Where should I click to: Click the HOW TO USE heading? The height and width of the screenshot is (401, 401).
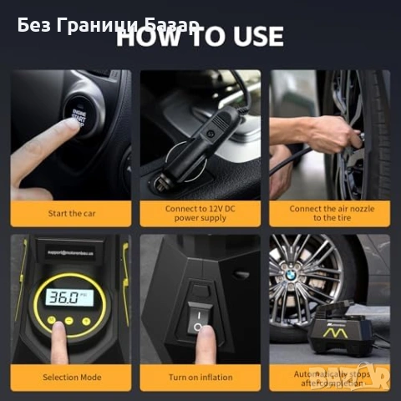tap(200, 37)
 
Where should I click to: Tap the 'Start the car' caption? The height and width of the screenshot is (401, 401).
tap(71, 213)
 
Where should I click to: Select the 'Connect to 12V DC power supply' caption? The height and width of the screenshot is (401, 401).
tap(200, 212)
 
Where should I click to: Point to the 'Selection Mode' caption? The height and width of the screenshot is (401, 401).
tap(71, 377)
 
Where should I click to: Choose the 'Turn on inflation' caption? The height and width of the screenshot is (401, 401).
tap(200, 377)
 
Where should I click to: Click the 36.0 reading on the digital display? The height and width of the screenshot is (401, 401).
tap(63, 297)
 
